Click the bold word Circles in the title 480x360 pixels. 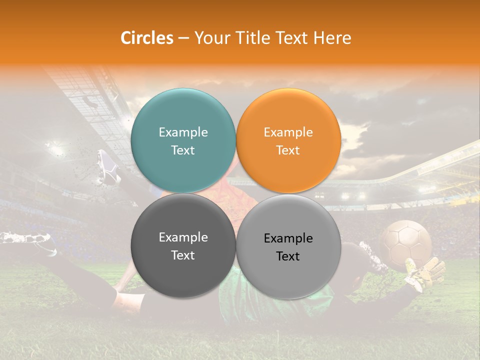click(x=147, y=38)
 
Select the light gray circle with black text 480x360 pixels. click(x=288, y=270)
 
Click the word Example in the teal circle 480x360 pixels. click(x=183, y=132)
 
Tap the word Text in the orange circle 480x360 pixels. click(x=288, y=150)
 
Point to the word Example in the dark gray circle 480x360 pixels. click(x=183, y=237)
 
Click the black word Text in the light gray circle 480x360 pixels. click(x=288, y=256)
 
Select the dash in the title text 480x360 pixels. click(x=183, y=38)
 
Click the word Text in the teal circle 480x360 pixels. click(x=183, y=150)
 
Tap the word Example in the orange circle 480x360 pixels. click(x=288, y=132)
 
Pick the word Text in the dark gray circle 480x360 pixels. click(x=183, y=255)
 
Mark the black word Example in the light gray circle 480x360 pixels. click(x=288, y=238)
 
